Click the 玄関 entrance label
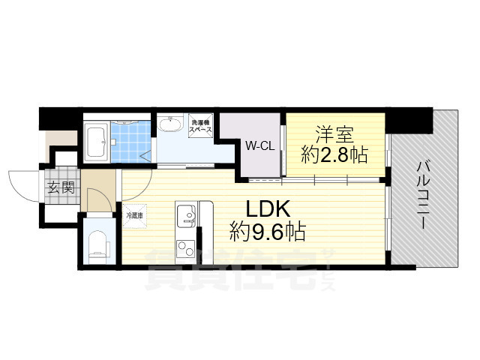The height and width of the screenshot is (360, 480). tap(61, 187)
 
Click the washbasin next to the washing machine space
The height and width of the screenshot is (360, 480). tap(173, 124)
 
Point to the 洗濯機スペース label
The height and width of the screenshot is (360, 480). tap(201, 125)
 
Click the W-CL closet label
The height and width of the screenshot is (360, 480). tap(259, 147)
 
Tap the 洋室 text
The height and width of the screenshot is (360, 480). tap(334, 135)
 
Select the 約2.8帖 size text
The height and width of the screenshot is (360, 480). tap(334, 155)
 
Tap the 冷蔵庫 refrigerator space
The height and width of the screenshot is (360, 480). tap(135, 214)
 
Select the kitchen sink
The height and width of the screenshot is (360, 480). tap(185, 216)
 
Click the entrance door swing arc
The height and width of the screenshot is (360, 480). tap(22, 184)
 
